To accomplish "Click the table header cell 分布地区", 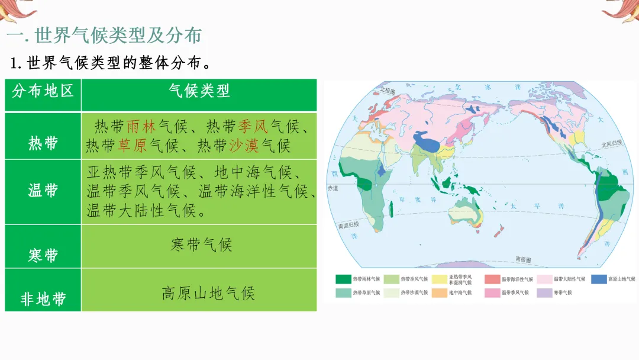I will coord(43,91).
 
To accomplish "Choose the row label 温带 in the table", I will coord(43,191).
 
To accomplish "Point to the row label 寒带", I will coord(43,255).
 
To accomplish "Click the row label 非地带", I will coord(43,299).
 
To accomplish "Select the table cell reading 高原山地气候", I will coord(208,293).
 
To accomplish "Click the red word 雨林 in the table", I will coord(141,126).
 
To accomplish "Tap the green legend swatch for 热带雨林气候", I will coord(343,279).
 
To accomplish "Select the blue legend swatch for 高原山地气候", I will coord(599,279).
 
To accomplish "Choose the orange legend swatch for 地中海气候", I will coord(439,292).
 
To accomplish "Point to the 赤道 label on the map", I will coord(333,188).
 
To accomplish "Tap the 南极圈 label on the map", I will coord(524,259).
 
